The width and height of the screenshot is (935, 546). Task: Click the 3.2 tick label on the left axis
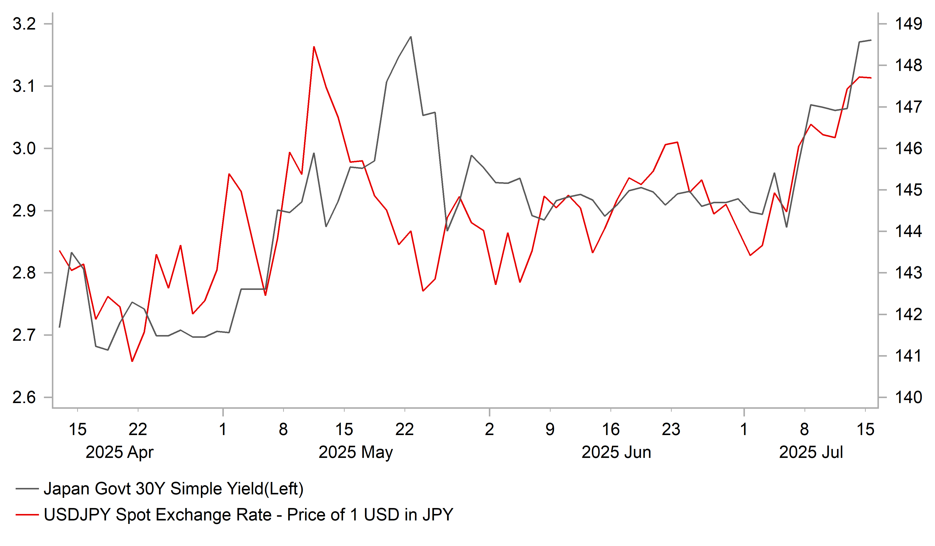point(24,24)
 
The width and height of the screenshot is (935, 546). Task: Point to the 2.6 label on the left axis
point(24,398)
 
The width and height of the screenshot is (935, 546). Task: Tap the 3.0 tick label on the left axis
point(24,148)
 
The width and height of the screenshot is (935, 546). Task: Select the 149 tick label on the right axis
point(908,24)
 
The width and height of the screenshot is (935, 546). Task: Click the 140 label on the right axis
point(908,398)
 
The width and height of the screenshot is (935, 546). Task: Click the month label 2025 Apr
point(119,452)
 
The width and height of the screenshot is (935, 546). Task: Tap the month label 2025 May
point(355,452)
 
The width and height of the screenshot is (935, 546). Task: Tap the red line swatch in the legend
point(27,515)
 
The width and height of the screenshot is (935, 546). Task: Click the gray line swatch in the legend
point(27,489)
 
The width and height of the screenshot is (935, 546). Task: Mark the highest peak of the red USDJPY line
point(314,47)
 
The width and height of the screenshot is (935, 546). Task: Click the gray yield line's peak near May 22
point(411,37)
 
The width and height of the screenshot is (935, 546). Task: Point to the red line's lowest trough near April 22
point(132,361)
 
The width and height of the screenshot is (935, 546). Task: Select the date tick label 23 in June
point(671,429)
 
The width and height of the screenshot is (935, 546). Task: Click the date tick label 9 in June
point(550,429)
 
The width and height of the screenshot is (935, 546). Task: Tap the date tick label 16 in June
point(611,429)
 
